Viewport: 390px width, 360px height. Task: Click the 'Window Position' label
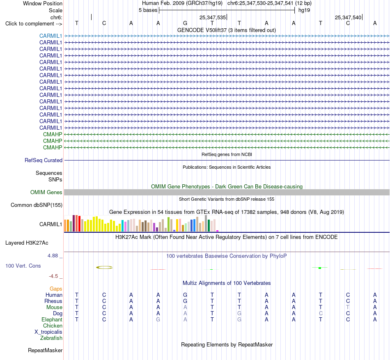[43, 3]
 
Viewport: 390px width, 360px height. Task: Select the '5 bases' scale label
[148, 10]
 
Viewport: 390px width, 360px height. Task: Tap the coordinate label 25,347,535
[212, 17]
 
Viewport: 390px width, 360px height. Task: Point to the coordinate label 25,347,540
[348, 17]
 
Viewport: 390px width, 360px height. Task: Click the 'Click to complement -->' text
[34, 24]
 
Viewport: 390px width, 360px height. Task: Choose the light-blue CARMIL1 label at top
[50, 36]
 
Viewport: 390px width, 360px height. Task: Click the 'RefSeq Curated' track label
[44, 161]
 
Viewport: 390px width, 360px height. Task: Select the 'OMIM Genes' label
[46, 192]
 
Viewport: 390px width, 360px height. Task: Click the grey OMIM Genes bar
[227, 192]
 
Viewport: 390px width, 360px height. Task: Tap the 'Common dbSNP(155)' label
[37, 205]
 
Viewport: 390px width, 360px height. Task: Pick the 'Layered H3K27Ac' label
[27, 243]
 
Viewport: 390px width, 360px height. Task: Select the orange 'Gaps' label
[56, 289]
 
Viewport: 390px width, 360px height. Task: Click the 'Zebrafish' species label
[51, 338]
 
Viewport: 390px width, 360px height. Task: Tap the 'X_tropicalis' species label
[48, 332]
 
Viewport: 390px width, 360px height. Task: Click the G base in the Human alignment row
[185, 295]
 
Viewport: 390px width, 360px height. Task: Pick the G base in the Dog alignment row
[239, 313]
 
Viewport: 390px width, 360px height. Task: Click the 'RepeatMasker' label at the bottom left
[45, 350]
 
